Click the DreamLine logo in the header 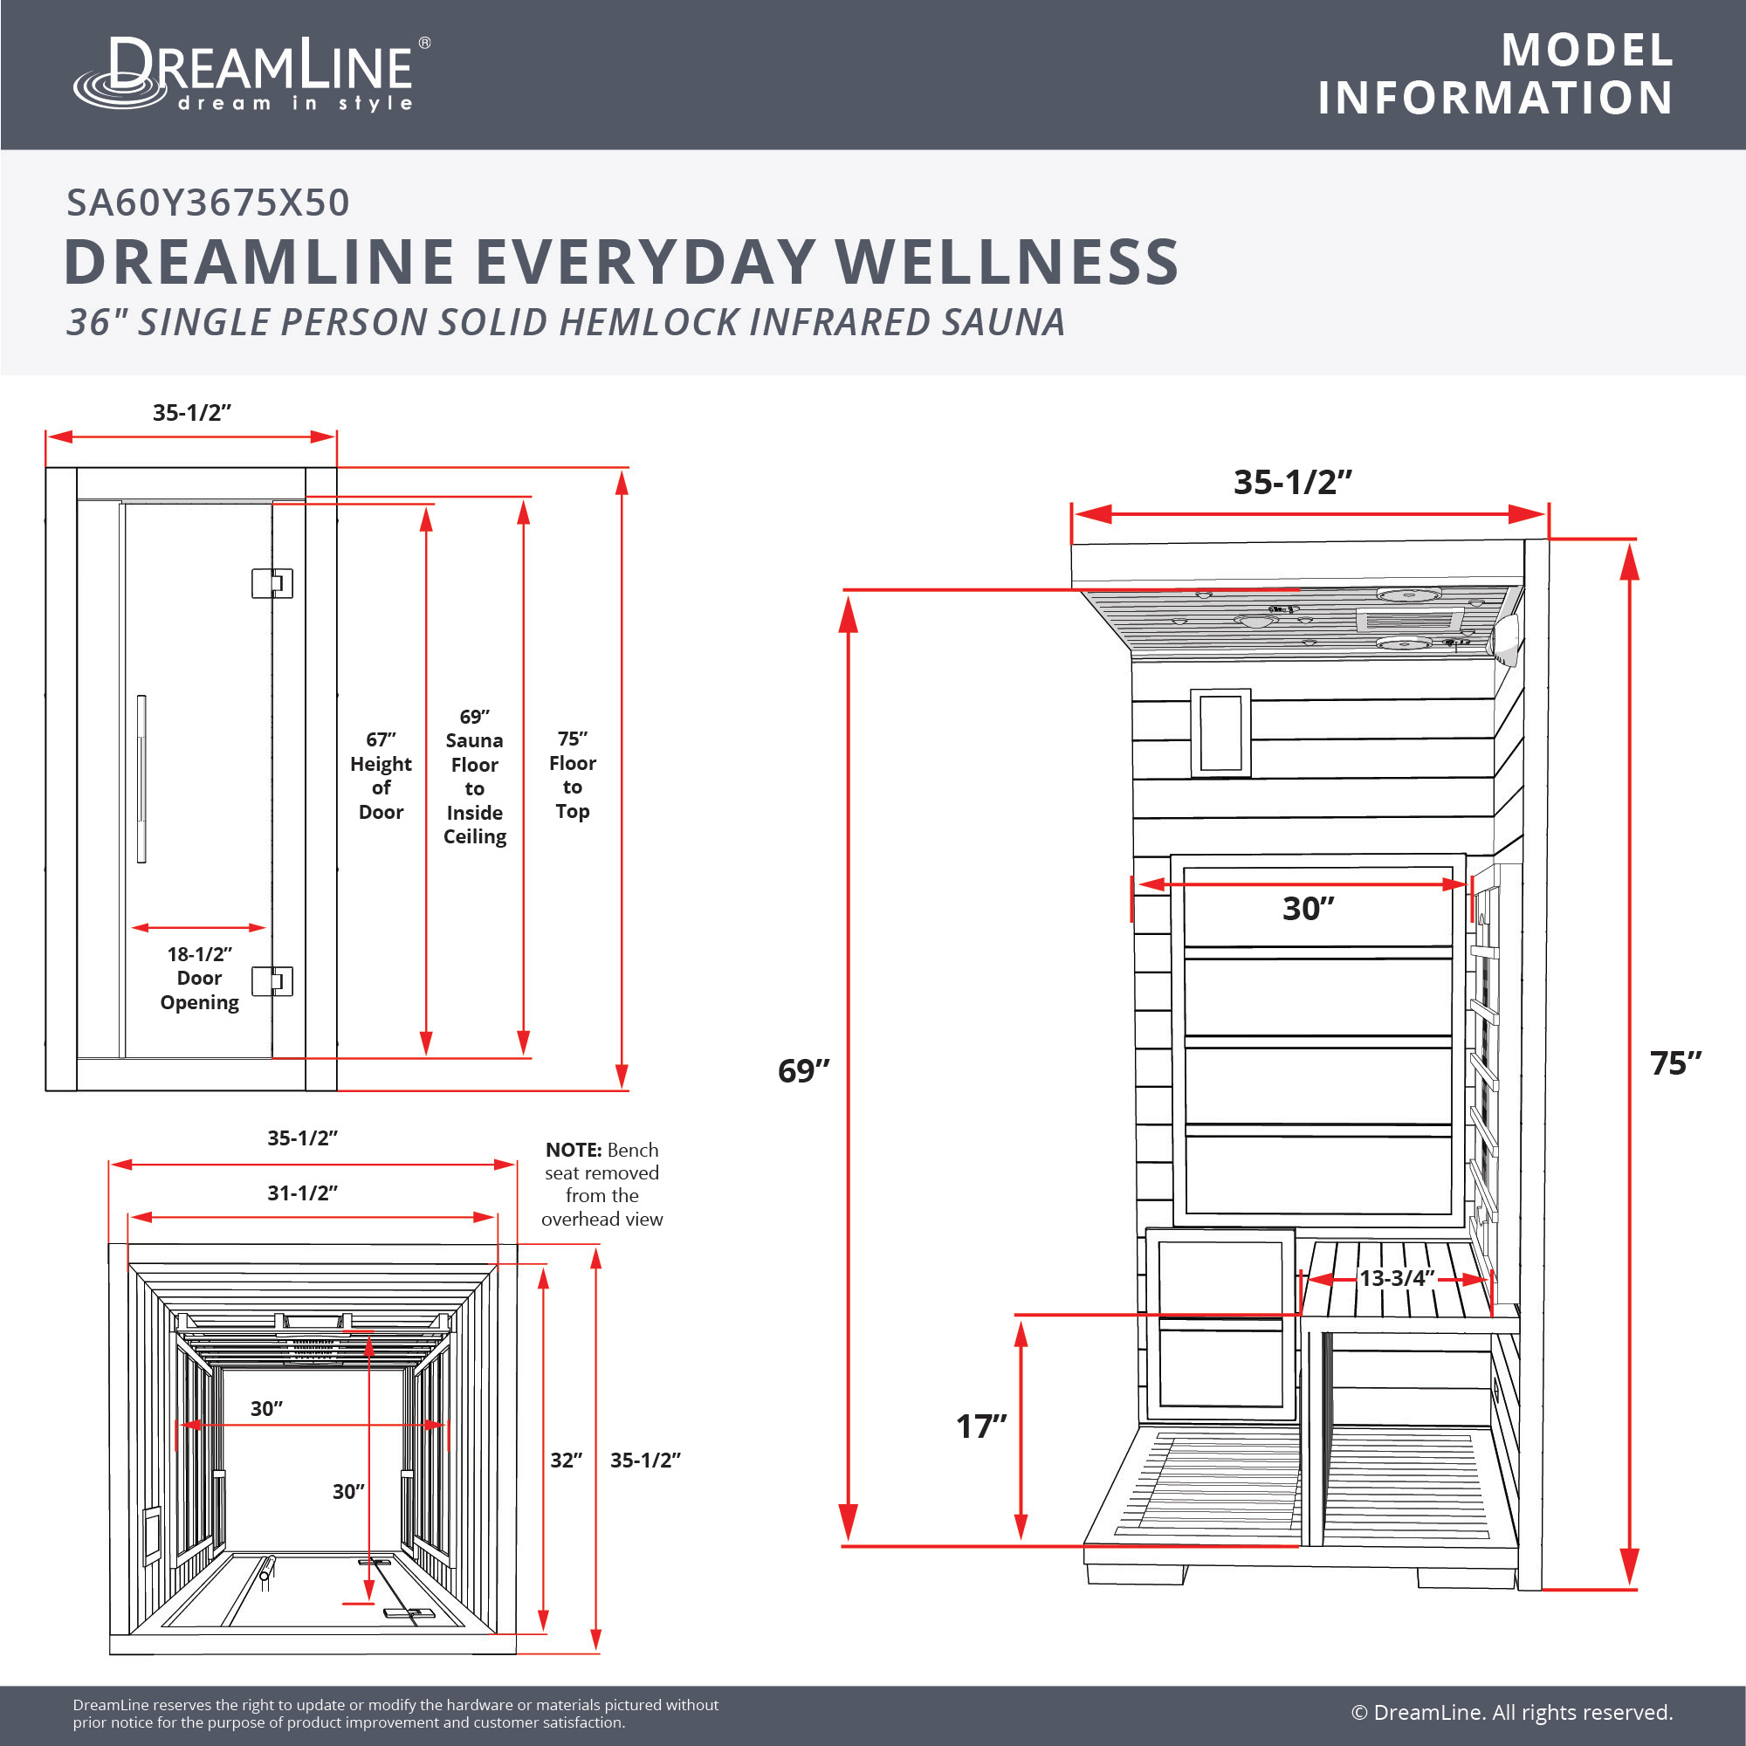(x=252, y=75)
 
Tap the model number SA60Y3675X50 (x=208, y=203)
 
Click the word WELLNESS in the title (x=1007, y=262)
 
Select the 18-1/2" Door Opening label (x=200, y=978)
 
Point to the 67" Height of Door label (x=381, y=775)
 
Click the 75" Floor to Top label (x=572, y=774)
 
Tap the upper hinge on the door (x=272, y=583)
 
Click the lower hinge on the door (x=272, y=980)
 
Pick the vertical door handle (x=141, y=779)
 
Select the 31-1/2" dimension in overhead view (x=302, y=1193)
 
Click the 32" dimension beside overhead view (x=567, y=1461)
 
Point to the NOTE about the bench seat (x=601, y=1184)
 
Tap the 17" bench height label (x=981, y=1426)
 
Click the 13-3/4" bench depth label (x=1397, y=1278)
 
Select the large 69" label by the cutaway (x=803, y=1071)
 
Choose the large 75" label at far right (x=1675, y=1063)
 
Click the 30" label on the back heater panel (x=1309, y=908)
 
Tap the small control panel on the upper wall (x=1220, y=733)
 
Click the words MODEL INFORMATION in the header (x=1495, y=74)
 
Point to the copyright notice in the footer (x=1512, y=1713)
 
